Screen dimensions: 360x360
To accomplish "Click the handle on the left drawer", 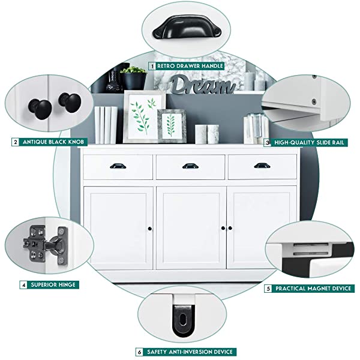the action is [x=118, y=166].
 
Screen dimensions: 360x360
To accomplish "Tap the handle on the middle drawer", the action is [x=190, y=166].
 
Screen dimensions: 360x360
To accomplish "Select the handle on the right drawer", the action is [x=262, y=166].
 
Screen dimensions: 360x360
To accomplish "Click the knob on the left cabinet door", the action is [x=150, y=229].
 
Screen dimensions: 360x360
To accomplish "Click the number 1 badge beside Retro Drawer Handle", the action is [x=152, y=66].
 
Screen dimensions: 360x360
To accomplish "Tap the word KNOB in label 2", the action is [x=76, y=142].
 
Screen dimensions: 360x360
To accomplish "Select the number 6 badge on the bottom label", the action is [x=139, y=352].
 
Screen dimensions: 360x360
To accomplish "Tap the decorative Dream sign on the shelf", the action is [x=203, y=85].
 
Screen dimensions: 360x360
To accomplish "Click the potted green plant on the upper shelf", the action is [x=133, y=77].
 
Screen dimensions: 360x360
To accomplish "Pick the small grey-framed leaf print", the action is [x=172, y=126].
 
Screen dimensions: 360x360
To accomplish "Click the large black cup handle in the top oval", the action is [x=187, y=27].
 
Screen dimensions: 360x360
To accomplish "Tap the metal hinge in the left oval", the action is [x=46, y=245].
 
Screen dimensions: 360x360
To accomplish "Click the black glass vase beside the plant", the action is [x=114, y=79].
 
